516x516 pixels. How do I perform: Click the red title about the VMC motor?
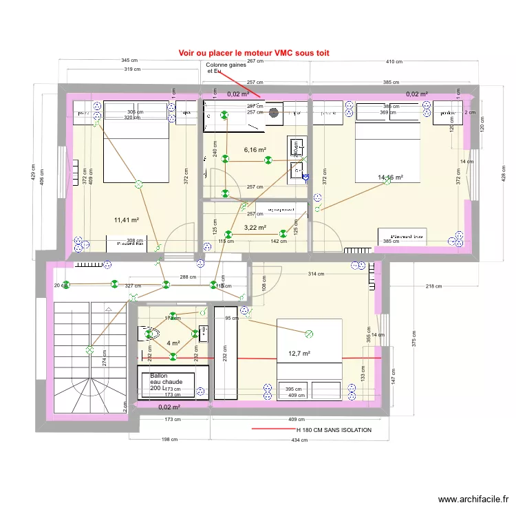[254, 52]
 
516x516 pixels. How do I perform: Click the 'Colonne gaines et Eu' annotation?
[226, 67]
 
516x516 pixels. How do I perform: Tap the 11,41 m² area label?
[127, 220]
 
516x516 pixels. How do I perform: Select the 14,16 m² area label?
[390, 178]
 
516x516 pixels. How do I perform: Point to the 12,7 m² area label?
[299, 354]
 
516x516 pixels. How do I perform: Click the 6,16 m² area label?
[255, 149]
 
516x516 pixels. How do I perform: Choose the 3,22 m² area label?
[255, 227]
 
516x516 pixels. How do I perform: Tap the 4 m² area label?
[173, 343]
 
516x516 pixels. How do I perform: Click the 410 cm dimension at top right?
[393, 61]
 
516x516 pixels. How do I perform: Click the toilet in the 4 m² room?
[151, 335]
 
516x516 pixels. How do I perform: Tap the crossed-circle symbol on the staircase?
[89, 350]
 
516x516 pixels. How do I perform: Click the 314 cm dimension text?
[316, 274]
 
